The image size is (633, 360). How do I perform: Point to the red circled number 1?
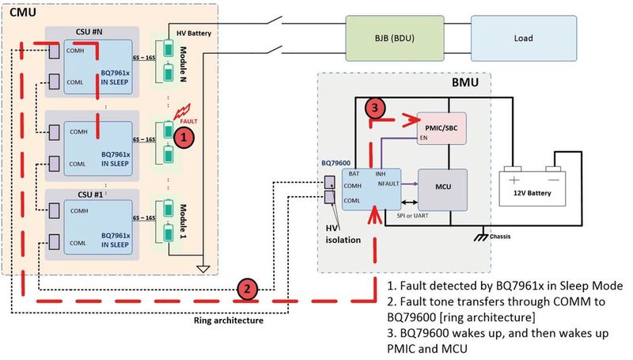click(184, 138)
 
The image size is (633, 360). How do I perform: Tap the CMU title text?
click(21, 11)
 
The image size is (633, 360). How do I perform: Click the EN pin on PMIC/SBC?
click(425, 138)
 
